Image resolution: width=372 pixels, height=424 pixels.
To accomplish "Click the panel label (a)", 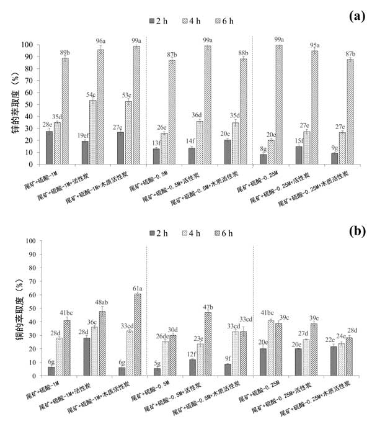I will [355, 17].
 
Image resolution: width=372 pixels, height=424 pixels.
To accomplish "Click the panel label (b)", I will [355, 231].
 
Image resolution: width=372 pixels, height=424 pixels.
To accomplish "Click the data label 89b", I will [66, 52].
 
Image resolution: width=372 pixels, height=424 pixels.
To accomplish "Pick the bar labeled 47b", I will [207, 343].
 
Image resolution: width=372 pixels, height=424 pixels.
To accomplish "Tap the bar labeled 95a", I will [314, 107].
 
